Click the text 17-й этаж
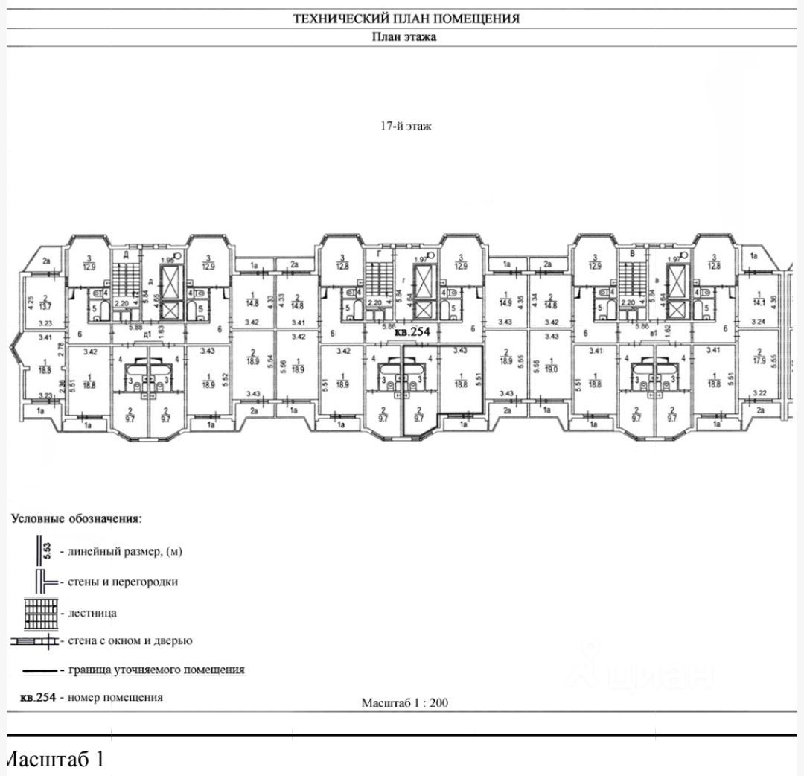coord(406,127)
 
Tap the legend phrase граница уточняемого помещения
coord(156,670)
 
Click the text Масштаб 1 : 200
coord(405,702)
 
